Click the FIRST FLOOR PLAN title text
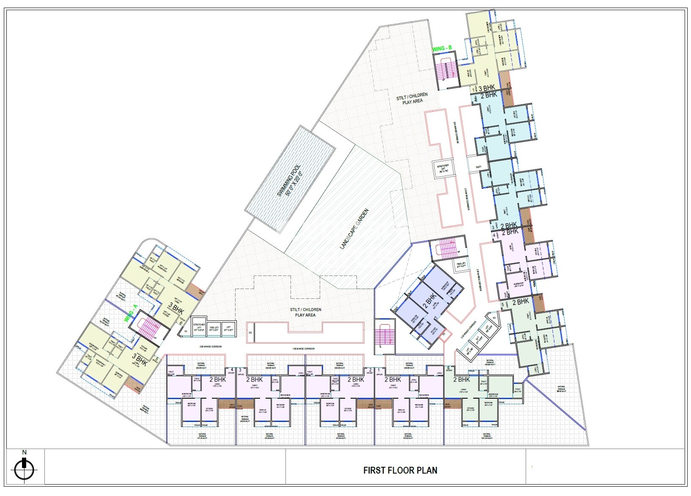pyautogui.click(x=400, y=470)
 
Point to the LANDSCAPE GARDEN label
pyautogui.click(x=354, y=229)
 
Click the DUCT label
pyautogui.click(x=478, y=167)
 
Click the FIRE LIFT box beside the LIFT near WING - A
pyautogui.click(x=214, y=328)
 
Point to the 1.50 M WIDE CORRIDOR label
pyautogui.click(x=303, y=349)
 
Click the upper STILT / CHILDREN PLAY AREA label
pyautogui.click(x=412, y=98)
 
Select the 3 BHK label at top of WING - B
pyautogui.click(x=486, y=88)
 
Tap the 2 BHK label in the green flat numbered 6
pyautogui.click(x=461, y=380)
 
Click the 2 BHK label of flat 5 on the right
pyautogui.click(x=521, y=302)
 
